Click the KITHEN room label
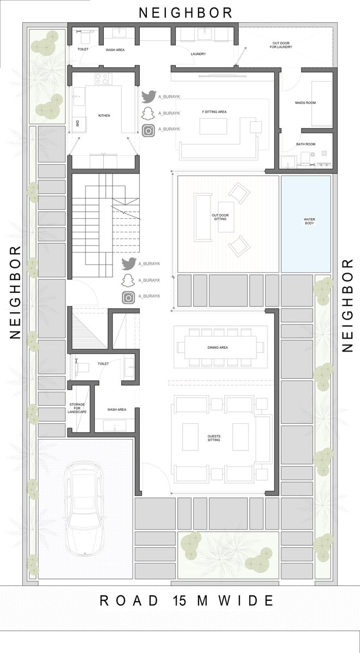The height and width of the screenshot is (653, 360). [104, 116]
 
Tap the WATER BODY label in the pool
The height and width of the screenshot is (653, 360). [309, 221]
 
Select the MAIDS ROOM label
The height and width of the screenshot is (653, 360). [305, 103]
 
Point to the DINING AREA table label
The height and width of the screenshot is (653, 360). [218, 348]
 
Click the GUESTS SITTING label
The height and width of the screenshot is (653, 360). [214, 438]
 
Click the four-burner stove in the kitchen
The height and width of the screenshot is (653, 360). [103, 79]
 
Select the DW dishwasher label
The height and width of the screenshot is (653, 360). [78, 124]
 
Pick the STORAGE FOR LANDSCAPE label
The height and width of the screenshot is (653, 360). [77, 408]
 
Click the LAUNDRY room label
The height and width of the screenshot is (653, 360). [198, 54]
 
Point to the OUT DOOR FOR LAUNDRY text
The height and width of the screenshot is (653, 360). [281, 45]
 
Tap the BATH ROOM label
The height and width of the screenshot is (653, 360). [306, 144]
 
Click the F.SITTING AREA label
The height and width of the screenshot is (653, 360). [214, 112]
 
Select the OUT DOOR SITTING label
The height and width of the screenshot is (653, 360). [220, 217]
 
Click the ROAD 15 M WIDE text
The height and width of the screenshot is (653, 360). [187, 601]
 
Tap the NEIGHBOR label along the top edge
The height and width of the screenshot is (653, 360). [185, 13]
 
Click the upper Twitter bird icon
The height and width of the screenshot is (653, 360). [149, 96]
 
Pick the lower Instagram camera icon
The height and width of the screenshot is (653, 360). [128, 298]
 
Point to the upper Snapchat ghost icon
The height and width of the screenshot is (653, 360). [148, 113]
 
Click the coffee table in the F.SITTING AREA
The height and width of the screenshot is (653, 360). [213, 126]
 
